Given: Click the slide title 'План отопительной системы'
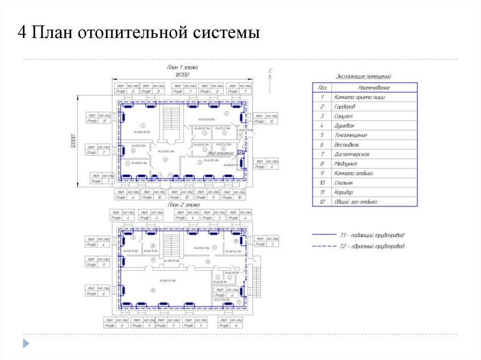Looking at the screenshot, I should point(139,34).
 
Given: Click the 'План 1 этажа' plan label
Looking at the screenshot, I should point(182,68).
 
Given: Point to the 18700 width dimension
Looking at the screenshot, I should point(182,75).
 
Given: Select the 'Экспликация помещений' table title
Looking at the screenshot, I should point(365,76).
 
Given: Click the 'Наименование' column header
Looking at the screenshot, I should point(374,88).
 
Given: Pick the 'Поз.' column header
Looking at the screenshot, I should point(322,88).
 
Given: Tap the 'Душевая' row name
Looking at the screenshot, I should point(344,126).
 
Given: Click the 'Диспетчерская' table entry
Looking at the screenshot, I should point(352,154).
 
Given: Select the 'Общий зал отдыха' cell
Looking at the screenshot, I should point(355,202).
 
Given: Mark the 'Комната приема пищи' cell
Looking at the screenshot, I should point(359,97).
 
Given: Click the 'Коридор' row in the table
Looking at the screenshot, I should point(344,192).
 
